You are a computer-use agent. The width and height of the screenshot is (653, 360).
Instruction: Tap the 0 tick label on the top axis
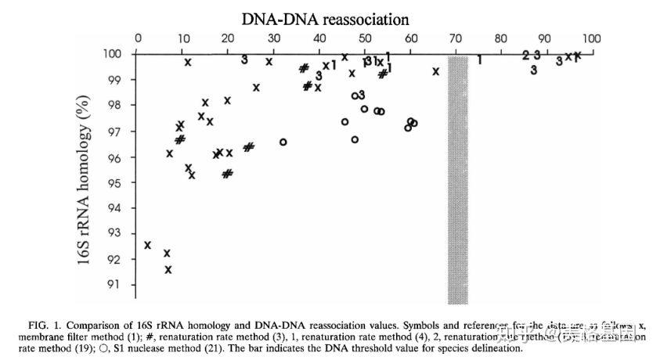click(x=139, y=38)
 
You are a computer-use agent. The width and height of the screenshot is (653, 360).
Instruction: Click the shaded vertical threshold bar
click(x=457, y=180)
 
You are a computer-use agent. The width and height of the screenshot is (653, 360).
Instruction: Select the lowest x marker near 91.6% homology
click(x=168, y=270)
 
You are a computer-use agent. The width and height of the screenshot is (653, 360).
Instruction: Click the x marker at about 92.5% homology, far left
click(x=147, y=246)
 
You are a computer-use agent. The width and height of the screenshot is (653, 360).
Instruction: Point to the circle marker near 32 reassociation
click(x=283, y=142)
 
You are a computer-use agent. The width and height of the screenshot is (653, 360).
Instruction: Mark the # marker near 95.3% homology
click(x=227, y=174)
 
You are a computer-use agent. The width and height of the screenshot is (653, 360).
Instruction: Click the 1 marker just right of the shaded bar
click(x=479, y=59)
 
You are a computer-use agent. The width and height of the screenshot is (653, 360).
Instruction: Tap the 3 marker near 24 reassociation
click(x=244, y=59)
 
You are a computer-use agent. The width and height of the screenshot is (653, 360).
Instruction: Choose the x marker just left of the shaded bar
click(x=435, y=71)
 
